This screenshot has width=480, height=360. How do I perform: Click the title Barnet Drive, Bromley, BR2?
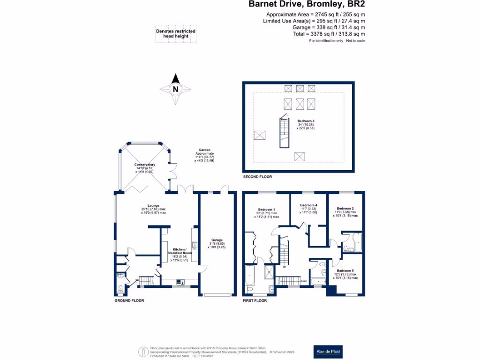pos(306,5)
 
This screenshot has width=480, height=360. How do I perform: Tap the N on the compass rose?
pos(175,89)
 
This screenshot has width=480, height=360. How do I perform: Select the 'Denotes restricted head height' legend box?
pos(176,34)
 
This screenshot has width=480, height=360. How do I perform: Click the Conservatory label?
pos(144,165)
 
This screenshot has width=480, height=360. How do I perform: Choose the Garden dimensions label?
pos(204,153)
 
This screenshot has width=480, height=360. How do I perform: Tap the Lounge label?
pos(153,205)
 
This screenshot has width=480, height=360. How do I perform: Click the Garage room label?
pos(217,240)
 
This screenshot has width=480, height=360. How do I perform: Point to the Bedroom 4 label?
pos(309,205)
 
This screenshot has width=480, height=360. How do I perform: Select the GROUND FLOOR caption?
pos(129,300)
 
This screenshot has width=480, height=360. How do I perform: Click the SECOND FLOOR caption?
pos(257,177)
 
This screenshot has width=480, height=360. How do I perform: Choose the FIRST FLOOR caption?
pos(255,300)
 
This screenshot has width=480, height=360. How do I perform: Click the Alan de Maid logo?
pos(328,352)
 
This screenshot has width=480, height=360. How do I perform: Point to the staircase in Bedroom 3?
pos(284,133)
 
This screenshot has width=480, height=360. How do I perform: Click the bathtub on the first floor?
pos(249,279)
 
